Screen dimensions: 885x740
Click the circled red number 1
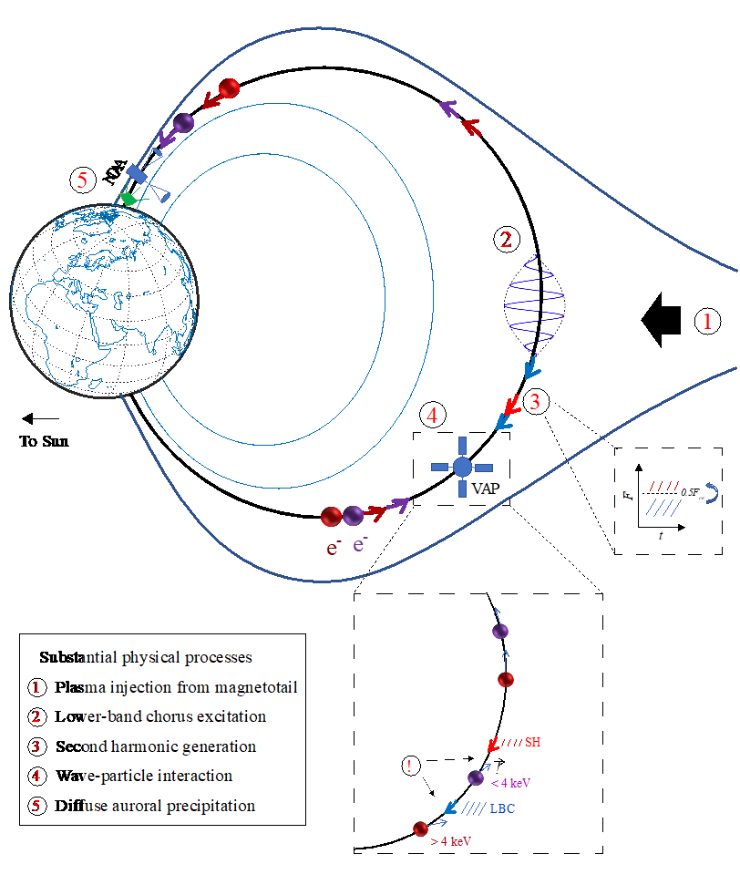tap(707, 322)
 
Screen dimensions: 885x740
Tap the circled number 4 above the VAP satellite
tap(435, 416)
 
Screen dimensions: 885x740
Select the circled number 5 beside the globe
tap(82, 180)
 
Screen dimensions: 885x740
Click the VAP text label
tap(486, 489)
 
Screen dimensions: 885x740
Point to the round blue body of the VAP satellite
tap(462, 467)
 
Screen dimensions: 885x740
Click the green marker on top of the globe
tap(129, 197)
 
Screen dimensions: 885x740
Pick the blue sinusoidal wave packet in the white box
tap(536, 305)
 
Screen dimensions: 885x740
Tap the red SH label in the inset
tap(532, 743)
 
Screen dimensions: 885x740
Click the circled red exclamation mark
tap(411, 766)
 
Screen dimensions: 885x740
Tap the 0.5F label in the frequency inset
tap(691, 492)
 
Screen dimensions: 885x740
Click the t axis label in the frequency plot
tap(661, 536)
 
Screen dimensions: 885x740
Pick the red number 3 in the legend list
tap(36, 746)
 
